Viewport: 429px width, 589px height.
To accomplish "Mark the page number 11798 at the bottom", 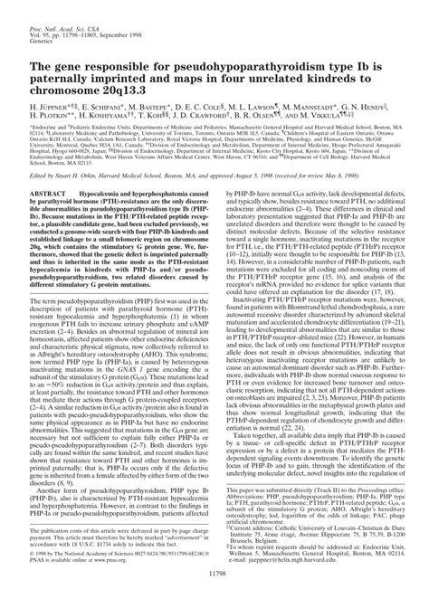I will (214, 572).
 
